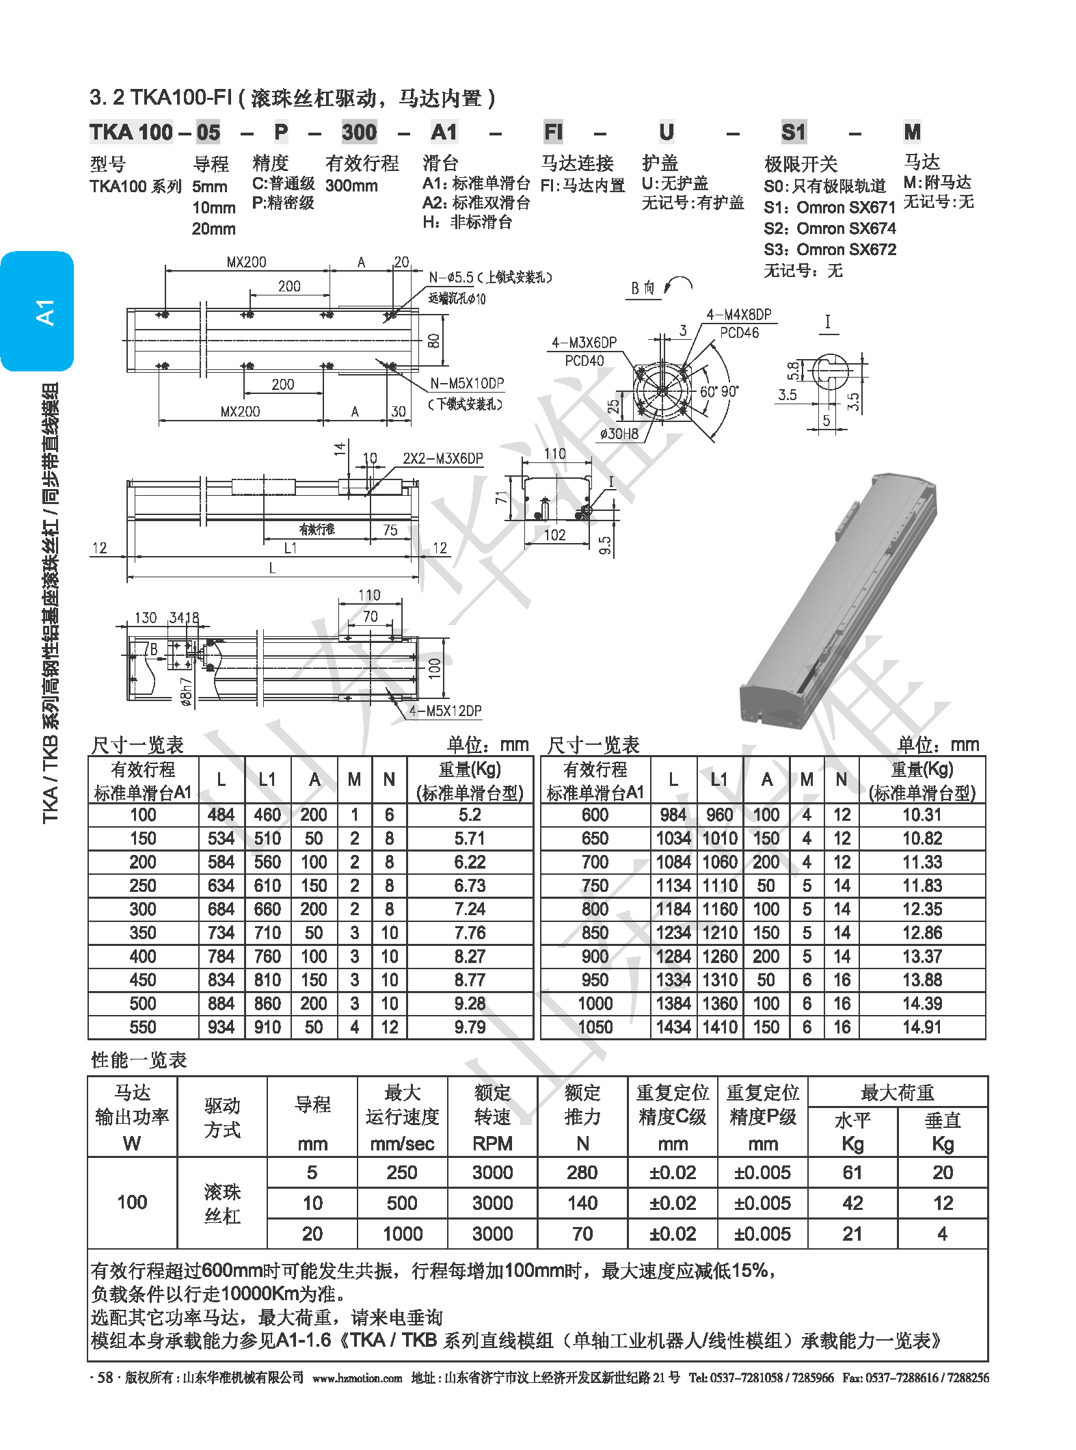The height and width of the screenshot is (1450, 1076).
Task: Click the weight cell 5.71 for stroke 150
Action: pyautogui.click(x=470, y=839)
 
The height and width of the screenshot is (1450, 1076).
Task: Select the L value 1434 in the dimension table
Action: pyautogui.click(x=673, y=1027)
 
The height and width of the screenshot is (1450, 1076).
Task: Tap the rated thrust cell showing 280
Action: pyautogui.click(x=582, y=1173)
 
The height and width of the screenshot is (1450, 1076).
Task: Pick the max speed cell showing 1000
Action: pyautogui.click(x=402, y=1234)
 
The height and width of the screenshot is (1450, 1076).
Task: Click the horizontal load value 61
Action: pyautogui.click(x=852, y=1173)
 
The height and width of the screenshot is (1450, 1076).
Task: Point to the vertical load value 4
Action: pyautogui.click(x=942, y=1234)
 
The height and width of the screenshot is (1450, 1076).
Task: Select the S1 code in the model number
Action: pyautogui.click(x=794, y=132)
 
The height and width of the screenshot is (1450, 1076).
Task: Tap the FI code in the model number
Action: pyautogui.click(x=553, y=132)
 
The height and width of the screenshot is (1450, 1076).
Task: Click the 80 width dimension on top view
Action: pyautogui.click(x=433, y=340)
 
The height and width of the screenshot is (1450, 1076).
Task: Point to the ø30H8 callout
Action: pyautogui.click(x=619, y=433)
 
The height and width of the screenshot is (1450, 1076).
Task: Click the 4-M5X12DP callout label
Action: pyautogui.click(x=446, y=711)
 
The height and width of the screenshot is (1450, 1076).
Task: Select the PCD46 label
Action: pyautogui.click(x=739, y=333)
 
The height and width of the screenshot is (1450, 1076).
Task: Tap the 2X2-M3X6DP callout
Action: pyautogui.click(x=442, y=458)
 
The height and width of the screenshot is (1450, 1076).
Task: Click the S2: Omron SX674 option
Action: pyautogui.click(x=830, y=228)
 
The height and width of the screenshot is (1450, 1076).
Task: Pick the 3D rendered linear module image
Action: pyautogui.click(x=837, y=595)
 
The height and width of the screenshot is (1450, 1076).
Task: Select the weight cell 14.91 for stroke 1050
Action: pyautogui.click(x=922, y=1027)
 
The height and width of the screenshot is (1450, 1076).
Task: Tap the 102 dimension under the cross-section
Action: pyautogui.click(x=554, y=535)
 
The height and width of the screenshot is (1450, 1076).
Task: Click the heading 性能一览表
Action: pyautogui.click(x=139, y=1060)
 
